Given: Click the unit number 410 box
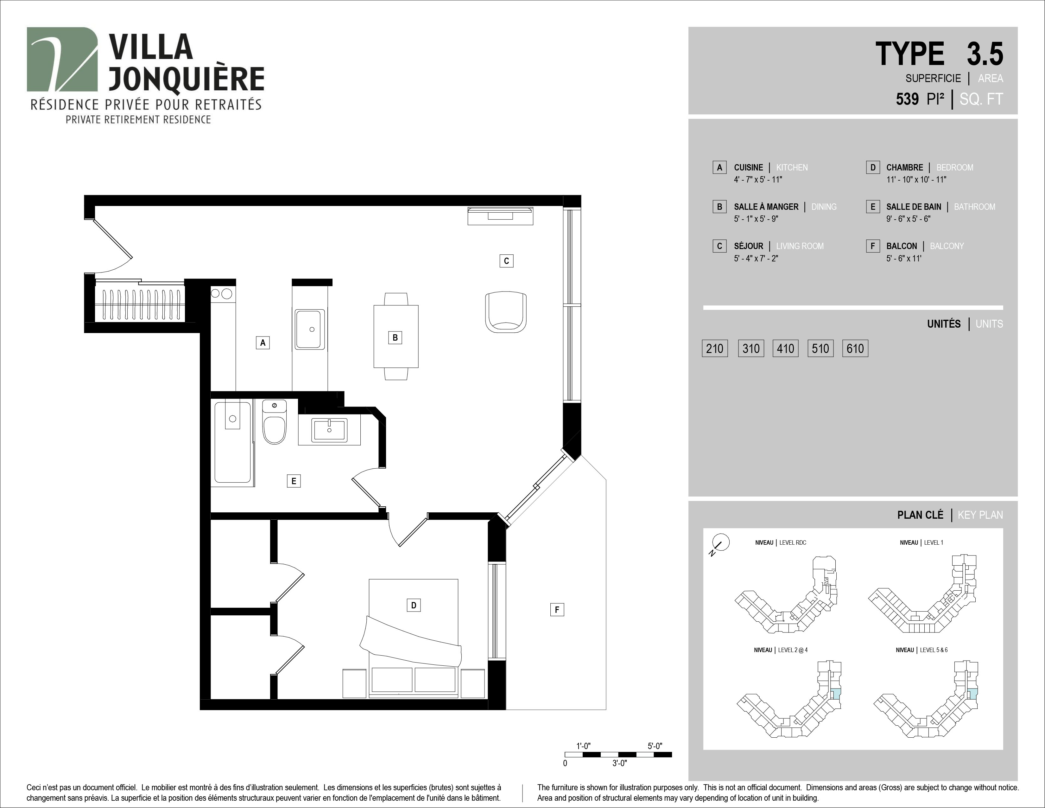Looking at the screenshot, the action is [x=785, y=349].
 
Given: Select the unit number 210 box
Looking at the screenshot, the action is [x=715, y=349].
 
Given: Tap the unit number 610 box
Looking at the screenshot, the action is [x=855, y=349].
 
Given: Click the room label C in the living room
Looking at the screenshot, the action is [x=506, y=261].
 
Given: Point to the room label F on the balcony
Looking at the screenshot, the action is [x=557, y=609].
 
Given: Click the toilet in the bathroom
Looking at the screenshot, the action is [x=275, y=422].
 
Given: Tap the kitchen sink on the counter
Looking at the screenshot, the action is [x=310, y=329].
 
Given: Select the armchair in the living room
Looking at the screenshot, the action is [x=506, y=311].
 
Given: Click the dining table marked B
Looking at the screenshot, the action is [x=396, y=336].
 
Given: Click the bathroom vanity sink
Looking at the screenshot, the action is [x=329, y=430].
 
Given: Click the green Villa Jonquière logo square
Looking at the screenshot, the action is [x=62, y=59].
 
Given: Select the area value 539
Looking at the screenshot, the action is [x=907, y=99].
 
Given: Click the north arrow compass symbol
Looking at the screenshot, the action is [x=720, y=544].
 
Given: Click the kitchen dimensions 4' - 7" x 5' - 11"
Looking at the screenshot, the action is [x=758, y=179].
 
